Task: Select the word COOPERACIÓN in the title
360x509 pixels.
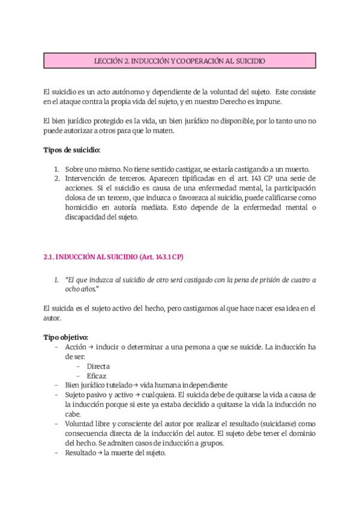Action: click(x=196, y=61)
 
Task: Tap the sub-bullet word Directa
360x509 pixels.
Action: click(x=98, y=366)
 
